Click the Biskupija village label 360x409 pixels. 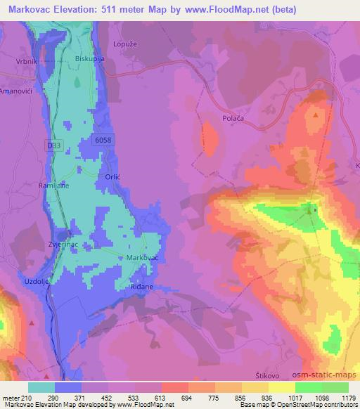[x=89, y=59]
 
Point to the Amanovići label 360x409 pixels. [x=15, y=91]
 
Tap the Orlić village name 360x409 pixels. [x=114, y=177]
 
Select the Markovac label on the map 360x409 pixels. [x=141, y=258]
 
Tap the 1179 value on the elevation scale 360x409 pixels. [x=349, y=397]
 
